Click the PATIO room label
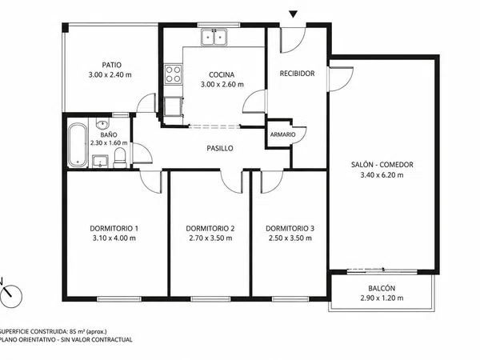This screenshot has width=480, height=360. click(112, 65)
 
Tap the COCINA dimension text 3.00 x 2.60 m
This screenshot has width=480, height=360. click(222, 85)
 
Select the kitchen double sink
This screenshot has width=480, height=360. click(214, 38)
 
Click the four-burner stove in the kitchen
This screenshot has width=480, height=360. click(173, 74)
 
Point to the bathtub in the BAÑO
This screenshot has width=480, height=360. click(78, 145)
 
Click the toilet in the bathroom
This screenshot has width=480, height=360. click(120, 158)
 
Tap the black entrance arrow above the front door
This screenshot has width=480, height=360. click(294, 14)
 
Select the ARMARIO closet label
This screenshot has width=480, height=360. click(283, 134)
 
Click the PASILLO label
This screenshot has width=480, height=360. click(220, 149)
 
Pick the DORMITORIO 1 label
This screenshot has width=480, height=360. click(114, 228)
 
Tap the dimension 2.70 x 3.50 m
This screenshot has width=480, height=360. click(210, 238)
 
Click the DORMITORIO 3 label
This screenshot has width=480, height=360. click(290, 228)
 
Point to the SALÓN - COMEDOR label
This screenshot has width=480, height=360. click(382, 165)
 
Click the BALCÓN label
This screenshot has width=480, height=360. click(382, 288)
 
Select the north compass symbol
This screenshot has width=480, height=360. click(11, 294)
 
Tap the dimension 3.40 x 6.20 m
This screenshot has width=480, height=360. click(382, 175)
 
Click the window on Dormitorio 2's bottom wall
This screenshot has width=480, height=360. click(210, 298)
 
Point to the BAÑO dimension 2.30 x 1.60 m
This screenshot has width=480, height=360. click(109, 143)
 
